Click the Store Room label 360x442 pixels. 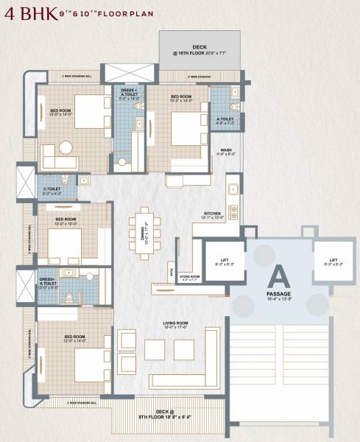(x=190, y=278)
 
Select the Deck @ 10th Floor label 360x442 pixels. (x=200, y=49)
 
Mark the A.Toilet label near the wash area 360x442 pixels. (x=225, y=119)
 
